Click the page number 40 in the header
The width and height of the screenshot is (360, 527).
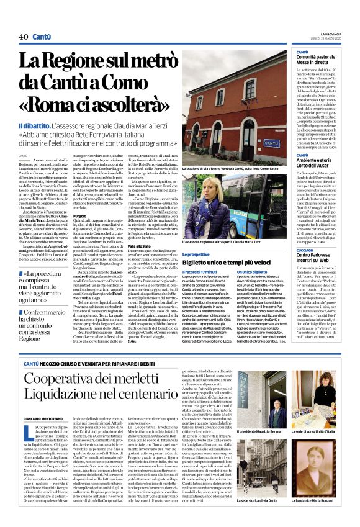click(23, 37)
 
